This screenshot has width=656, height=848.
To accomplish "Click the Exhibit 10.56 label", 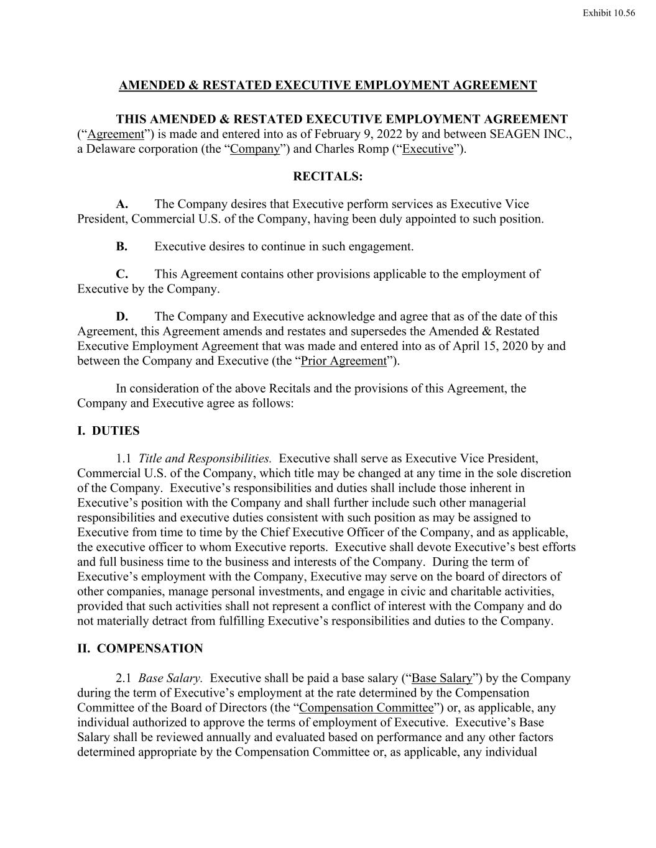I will (x=609, y=13).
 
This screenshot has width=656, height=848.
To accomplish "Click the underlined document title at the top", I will (x=328, y=85).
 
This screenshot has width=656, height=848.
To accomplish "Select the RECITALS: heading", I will (x=328, y=176).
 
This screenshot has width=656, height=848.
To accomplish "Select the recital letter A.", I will (x=122, y=204).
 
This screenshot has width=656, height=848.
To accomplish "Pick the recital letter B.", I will (x=122, y=247).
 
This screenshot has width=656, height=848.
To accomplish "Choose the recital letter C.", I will (x=122, y=274).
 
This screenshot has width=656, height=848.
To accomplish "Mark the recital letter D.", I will (x=122, y=316).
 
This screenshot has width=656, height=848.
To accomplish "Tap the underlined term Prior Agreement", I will (x=344, y=361).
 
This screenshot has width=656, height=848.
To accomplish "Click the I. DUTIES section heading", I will (x=108, y=431).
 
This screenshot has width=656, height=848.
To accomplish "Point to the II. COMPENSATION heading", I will (x=140, y=649).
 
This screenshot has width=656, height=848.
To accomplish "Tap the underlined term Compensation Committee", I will (x=366, y=708).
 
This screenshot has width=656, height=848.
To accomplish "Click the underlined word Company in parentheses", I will (x=255, y=149).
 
